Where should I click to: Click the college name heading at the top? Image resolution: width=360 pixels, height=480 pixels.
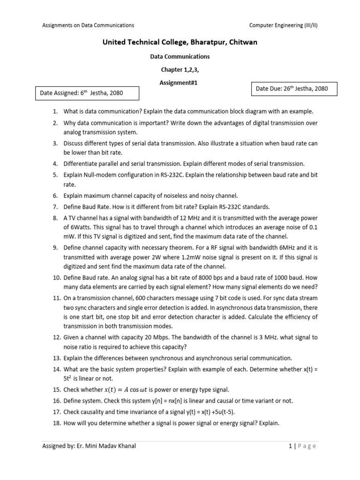click(180, 43)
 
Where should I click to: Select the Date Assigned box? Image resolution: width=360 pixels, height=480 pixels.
click(88, 93)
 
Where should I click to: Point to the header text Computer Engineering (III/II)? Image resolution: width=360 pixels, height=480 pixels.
click(283, 25)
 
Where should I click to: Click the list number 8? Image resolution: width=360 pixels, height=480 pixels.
click(55, 217)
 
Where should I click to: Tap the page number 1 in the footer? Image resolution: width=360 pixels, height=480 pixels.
click(290, 446)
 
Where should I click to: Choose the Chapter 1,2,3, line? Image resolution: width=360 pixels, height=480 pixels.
click(180, 69)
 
